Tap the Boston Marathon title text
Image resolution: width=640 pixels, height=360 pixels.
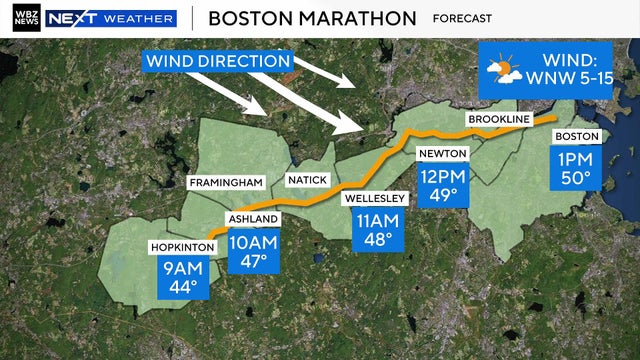(x=311, y=18)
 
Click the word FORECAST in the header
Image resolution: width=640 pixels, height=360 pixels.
(x=462, y=18)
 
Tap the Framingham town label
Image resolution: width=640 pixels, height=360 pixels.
(x=228, y=182)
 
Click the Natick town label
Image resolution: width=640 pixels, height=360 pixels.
(x=307, y=181)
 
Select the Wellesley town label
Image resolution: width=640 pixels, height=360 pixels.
(x=375, y=198)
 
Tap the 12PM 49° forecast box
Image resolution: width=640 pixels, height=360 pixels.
(x=442, y=184)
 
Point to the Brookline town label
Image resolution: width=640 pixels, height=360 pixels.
(x=498, y=121)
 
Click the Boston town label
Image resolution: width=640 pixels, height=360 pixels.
(x=576, y=136)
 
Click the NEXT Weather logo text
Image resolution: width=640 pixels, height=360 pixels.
(x=111, y=18)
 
